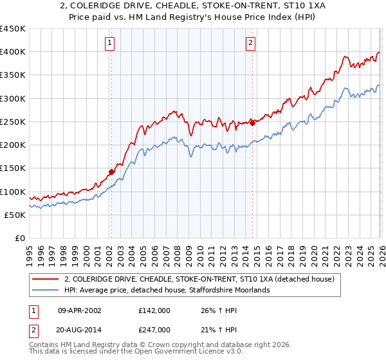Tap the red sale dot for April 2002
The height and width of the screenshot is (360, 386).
point(111,172)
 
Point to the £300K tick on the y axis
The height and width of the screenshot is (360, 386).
point(13,98)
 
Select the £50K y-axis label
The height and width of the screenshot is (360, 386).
point(15,215)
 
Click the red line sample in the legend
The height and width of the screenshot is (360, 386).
point(47,280)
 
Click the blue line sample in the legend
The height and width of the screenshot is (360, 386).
point(47,291)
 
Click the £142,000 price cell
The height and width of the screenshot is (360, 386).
point(154,310)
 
